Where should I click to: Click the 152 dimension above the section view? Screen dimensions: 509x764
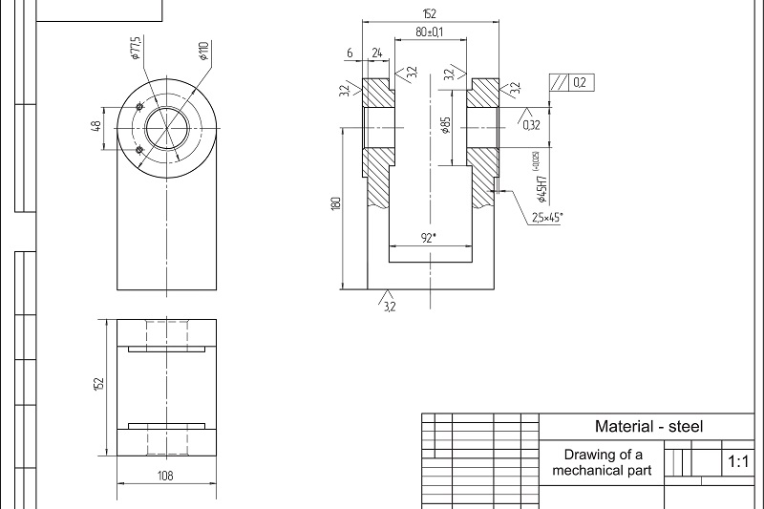tap(429, 13)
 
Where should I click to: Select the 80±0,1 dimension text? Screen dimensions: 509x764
tap(429, 32)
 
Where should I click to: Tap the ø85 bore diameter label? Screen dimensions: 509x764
tap(446, 125)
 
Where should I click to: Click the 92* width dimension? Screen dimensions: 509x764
tap(429, 237)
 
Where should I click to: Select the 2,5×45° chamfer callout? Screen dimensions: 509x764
tap(546, 218)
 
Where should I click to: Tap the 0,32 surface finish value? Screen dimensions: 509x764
tap(531, 124)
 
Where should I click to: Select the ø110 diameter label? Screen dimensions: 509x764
tap(203, 51)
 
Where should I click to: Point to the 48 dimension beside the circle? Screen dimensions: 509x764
tap(96, 127)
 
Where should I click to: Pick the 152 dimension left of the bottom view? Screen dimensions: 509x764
tap(97, 383)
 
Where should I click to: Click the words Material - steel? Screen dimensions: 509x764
tap(648, 427)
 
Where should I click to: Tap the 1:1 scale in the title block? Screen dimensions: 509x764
tap(738, 462)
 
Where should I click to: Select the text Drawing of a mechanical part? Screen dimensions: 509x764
tap(602, 462)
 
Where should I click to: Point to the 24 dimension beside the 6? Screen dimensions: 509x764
tap(376, 53)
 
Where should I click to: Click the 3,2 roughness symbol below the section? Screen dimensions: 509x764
tap(389, 306)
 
